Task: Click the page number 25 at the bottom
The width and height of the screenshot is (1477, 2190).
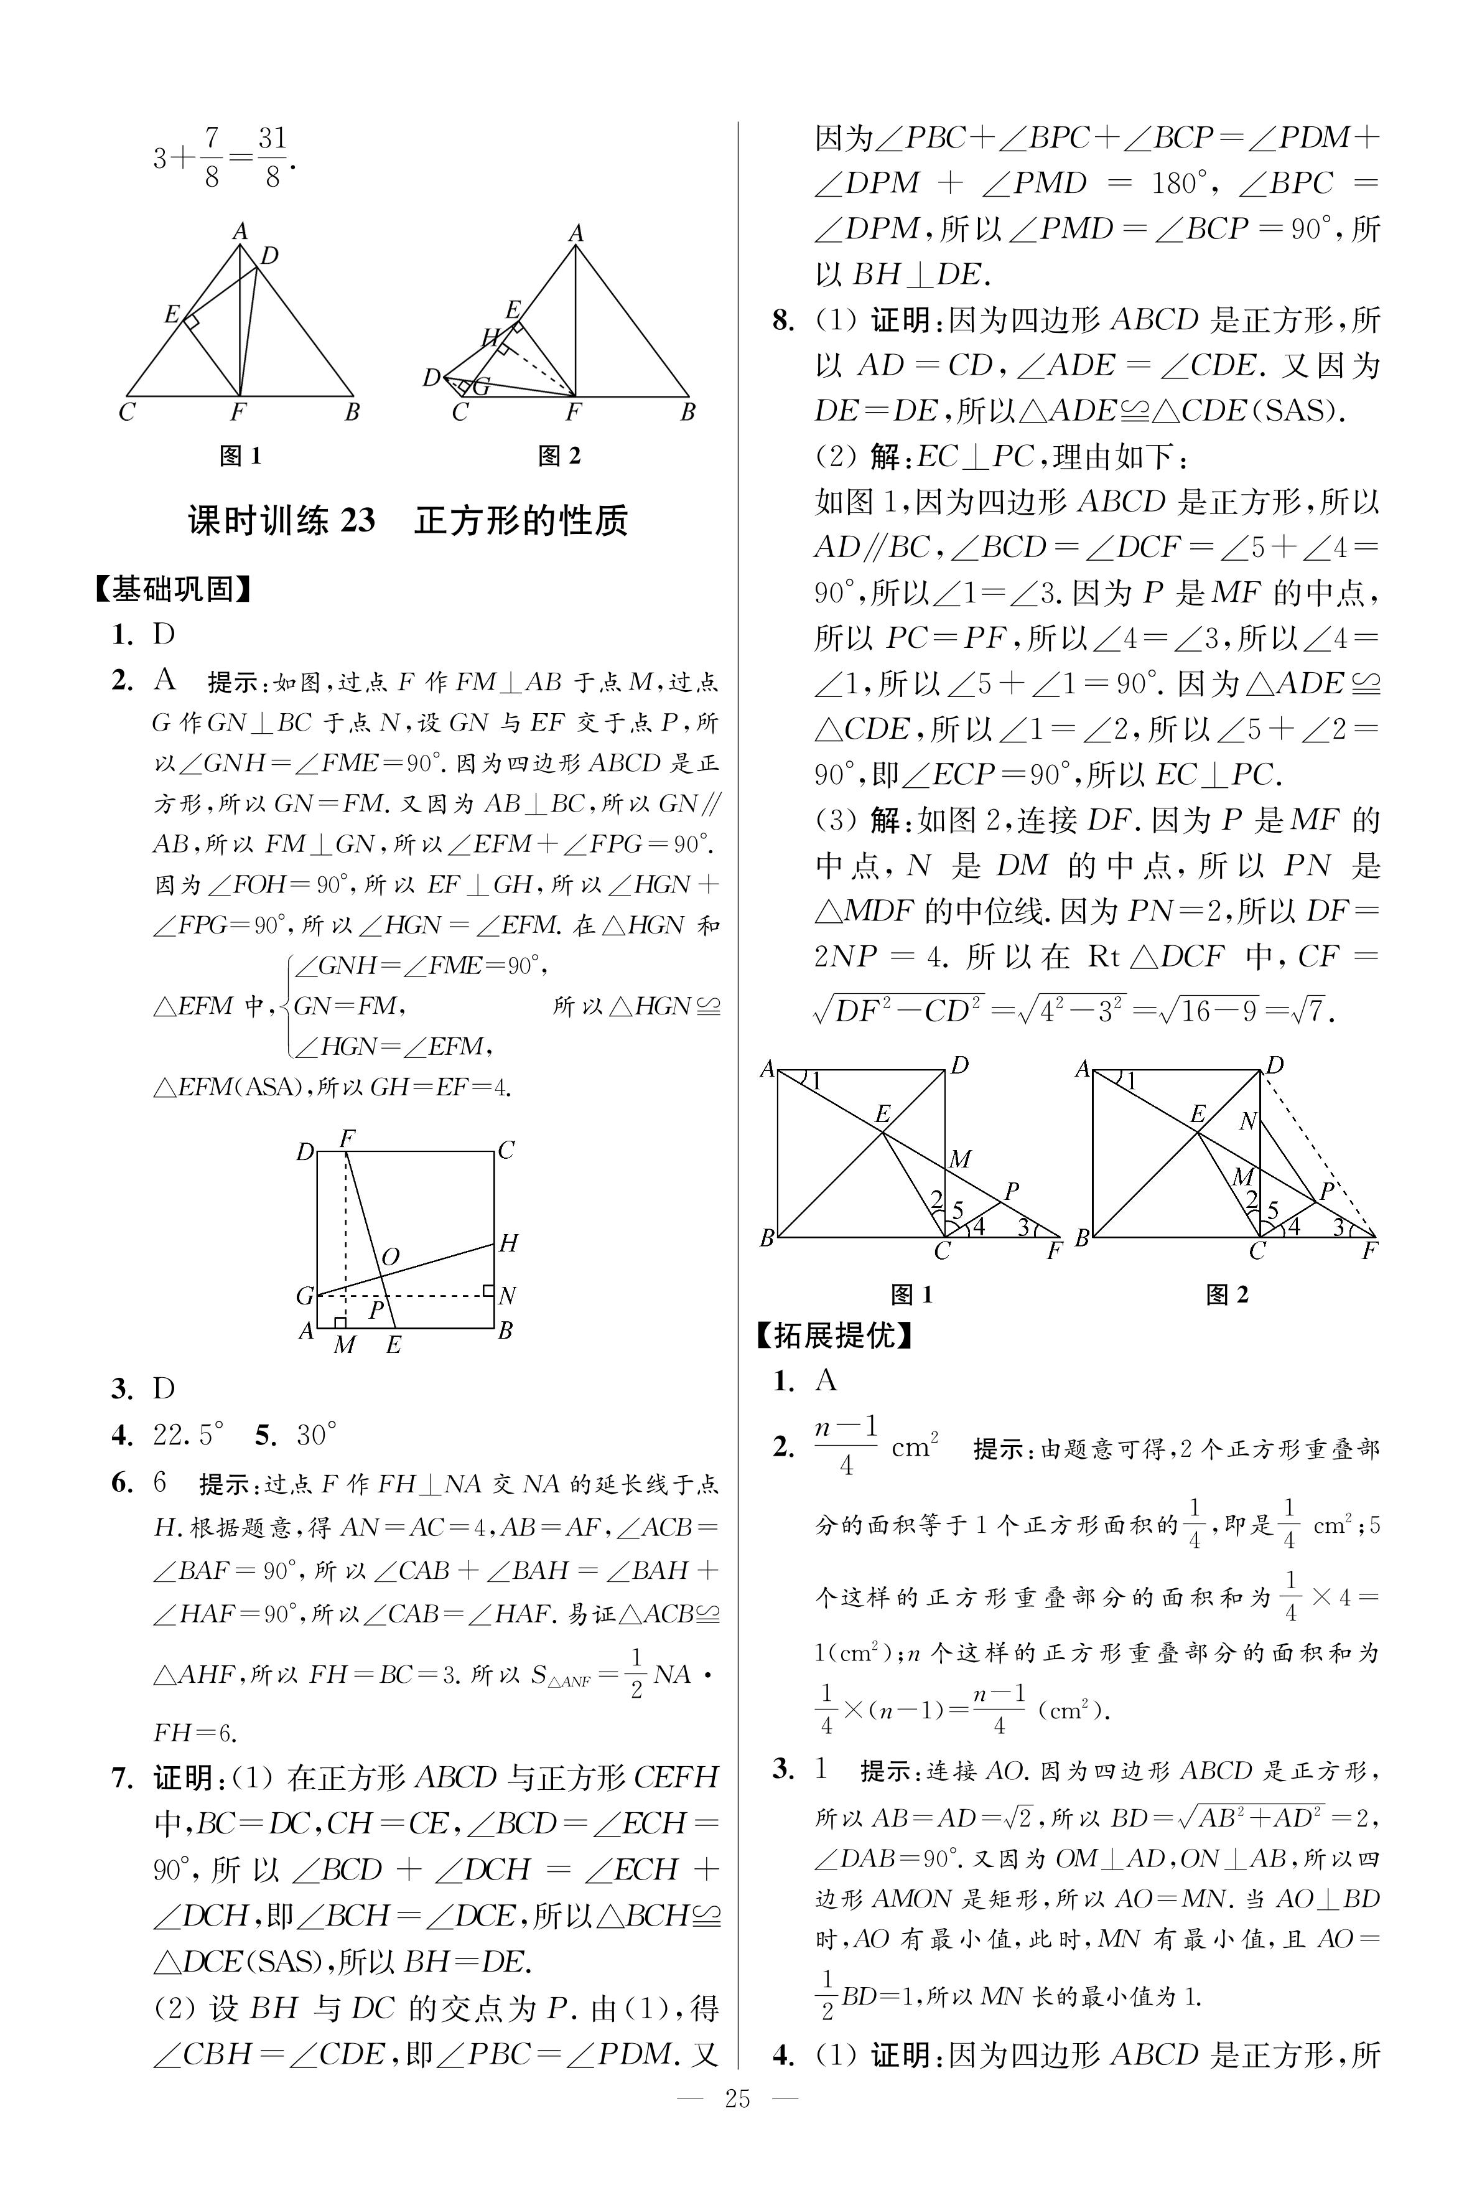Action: tap(737, 2125)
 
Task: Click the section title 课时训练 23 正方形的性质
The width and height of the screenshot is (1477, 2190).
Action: tap(408, 520)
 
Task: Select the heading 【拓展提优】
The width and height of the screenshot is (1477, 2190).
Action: tap(834, 1335)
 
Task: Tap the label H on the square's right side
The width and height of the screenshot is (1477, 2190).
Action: tap(508, 1243)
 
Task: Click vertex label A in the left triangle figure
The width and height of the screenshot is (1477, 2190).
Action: tap(240, 231)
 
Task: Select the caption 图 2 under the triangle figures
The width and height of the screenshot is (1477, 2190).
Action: tap(559, 456)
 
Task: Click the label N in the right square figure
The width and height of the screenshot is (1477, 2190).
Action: tap(1248, 1121)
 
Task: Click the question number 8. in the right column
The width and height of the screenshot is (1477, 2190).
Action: tap(784, 321)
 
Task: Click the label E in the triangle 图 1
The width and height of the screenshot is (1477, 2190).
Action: tap(172, 315)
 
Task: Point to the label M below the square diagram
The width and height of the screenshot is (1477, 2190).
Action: tap(345, 1345)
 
